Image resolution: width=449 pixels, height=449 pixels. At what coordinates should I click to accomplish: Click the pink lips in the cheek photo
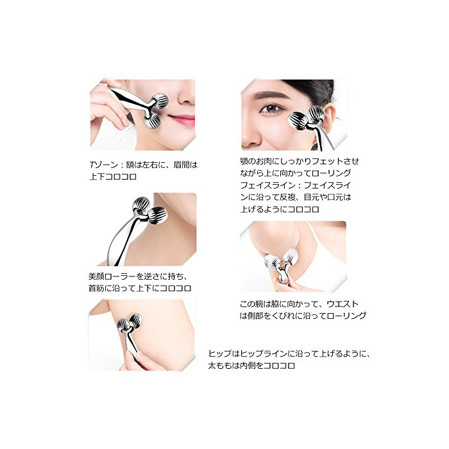pyautogui.click(x=182, y=119)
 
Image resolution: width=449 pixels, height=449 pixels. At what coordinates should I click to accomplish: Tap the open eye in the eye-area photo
pyautogui.click(x=271, y=109)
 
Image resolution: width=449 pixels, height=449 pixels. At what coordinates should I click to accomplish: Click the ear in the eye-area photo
pyautogui.click(x=328, y=117)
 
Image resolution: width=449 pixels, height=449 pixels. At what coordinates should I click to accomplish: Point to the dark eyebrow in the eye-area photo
pyautogui.click(x=271, y=96)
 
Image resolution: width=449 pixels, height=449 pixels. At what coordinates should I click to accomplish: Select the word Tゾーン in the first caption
pyautogui.click(x=104, y=165)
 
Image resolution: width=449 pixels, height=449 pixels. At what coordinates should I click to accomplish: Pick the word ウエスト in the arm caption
pyautogui.click(x=343, y=304)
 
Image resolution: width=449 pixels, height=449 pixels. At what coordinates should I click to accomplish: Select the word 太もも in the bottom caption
pyautogui.click(x=220, y=366)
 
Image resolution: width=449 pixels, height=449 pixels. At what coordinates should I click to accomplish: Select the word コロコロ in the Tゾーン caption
pyautogui.click(x=121, y=176)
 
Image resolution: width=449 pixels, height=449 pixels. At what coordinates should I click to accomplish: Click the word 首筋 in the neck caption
pyautogui.click(x=96, y=288)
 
